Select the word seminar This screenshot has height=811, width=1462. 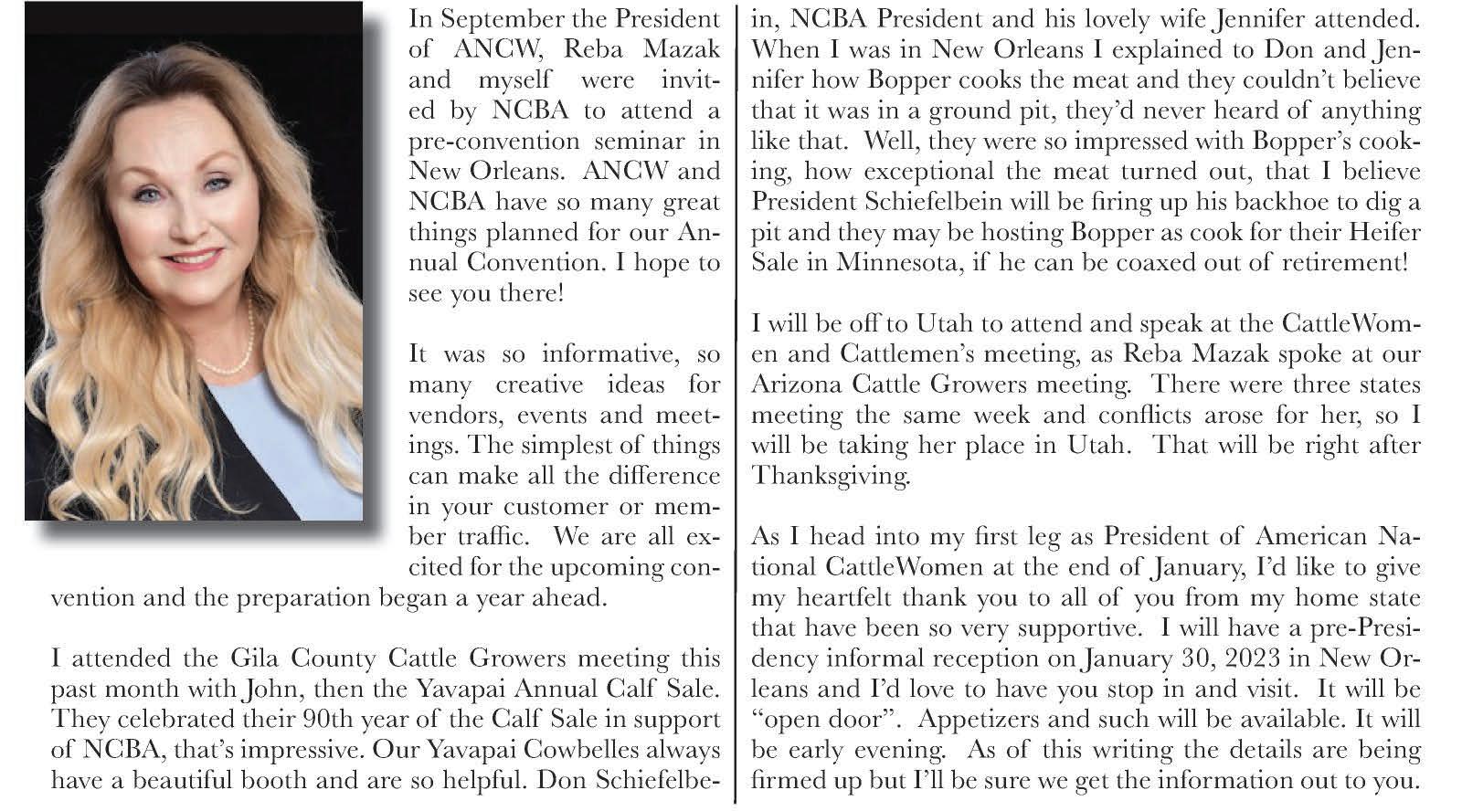coord(639,141)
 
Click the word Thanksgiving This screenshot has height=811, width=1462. coord(831,476)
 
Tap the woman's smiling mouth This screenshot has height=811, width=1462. coord(195,258)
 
